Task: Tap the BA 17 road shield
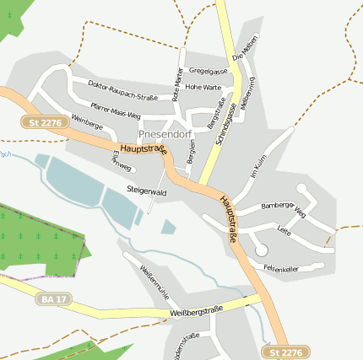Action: click(52, 298)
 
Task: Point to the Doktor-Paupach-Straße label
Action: click(122, 90)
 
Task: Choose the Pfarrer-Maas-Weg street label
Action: click(115, 110)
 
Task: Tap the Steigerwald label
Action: click(145, 191)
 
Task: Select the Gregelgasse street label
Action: click(209, 71)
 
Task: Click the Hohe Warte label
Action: click(203, 87)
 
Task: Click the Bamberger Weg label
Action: click(283, 208)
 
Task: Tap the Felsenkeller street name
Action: click(281, 268)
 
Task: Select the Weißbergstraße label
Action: click(196, 311)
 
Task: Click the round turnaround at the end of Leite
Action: click(261, 250)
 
